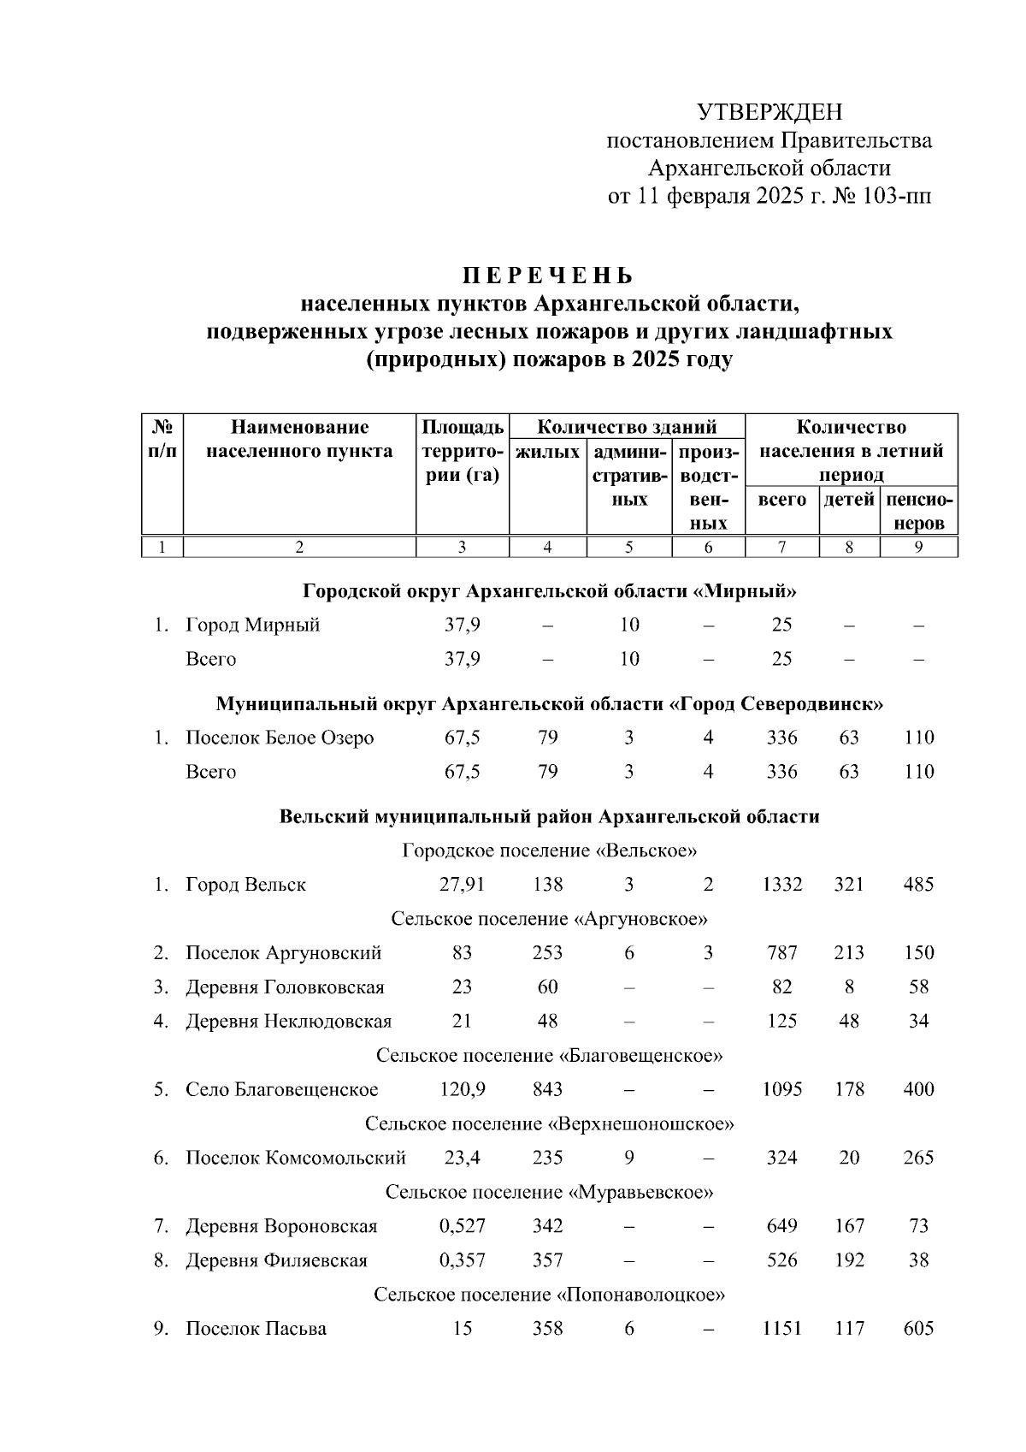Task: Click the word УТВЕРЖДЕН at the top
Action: (769, 112)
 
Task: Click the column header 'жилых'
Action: (548, 451)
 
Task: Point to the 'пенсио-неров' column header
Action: (919, 511)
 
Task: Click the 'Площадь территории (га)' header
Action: (463, 451)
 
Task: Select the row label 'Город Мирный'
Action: (253, 625)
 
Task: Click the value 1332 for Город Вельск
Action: (782, 884)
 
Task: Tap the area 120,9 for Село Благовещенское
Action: (463, 1089)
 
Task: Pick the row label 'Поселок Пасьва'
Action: (256, 1329)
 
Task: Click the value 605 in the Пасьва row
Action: (918, 1329)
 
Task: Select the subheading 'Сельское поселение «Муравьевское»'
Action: (549, 1192)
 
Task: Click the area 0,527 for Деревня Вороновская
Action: (463, 1226)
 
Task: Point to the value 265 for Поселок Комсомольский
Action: (918, 1158)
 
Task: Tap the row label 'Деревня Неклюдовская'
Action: (288, 1021)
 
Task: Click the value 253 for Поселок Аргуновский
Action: (548, 952)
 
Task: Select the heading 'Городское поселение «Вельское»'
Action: (549, 850)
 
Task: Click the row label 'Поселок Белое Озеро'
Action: (280, 738)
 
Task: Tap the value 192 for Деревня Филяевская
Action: (849, 1260)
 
